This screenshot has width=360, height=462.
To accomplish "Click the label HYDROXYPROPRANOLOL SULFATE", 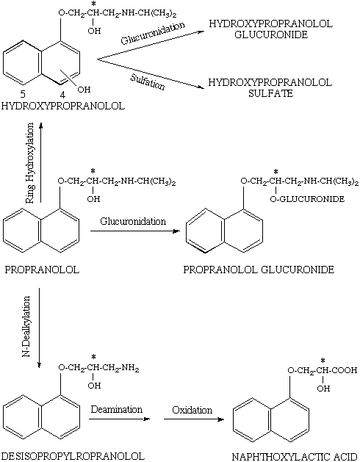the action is tap(270, 88).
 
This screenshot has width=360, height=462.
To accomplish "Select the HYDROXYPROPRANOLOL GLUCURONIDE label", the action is tap(270, 29).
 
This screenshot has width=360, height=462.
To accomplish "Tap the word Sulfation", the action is tap(148, 82).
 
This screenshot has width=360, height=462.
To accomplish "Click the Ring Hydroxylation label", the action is tap(30, 163).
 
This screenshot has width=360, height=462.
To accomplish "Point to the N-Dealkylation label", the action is tap(26, 327).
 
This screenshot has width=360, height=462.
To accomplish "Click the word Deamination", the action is tap(117, 409).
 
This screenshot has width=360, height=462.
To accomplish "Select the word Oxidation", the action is tap(192, 410).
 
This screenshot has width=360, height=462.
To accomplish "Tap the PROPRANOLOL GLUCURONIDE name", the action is tap(259, 270).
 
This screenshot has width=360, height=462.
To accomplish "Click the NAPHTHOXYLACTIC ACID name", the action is tap(295, 457).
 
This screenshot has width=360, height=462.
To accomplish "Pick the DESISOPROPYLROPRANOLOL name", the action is tap(73, 456).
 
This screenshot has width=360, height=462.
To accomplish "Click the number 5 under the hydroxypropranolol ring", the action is tap(23, 94).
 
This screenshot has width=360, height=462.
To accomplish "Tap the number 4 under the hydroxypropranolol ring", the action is tap(62, 95).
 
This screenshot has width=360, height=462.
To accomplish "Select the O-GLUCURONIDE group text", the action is tap(307, 199).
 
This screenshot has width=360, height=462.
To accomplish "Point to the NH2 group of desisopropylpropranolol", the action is tap(130, 368).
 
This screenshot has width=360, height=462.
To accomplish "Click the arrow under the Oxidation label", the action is tap(194, 419).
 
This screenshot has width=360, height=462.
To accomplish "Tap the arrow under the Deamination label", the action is tap(120, 419).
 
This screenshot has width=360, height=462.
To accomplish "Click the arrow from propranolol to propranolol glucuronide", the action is tap(135, 231).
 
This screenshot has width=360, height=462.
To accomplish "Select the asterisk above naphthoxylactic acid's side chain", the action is tap(323, 360).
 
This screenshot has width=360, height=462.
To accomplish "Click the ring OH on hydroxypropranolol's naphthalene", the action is tap(84, 90).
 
